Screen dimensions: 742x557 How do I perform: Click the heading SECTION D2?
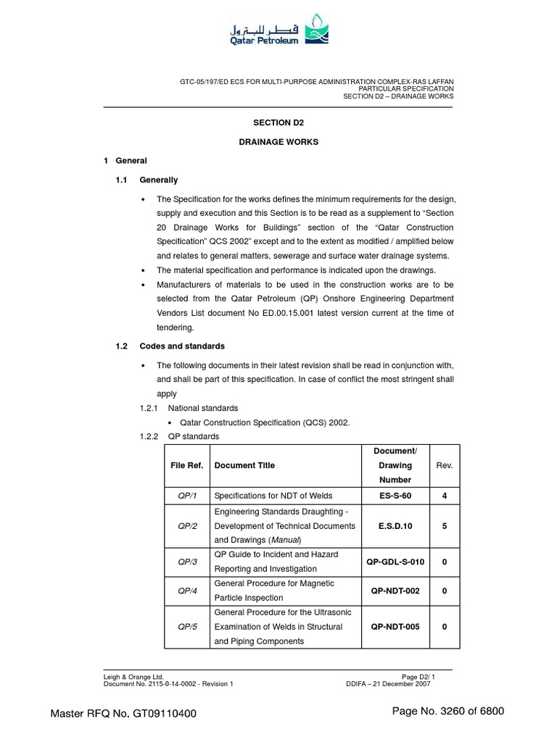point(278,123)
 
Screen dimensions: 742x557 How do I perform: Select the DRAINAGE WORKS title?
point(278,142)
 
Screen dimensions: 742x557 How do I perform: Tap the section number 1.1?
point(122,180)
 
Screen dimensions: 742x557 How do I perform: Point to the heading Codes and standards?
point(182,346)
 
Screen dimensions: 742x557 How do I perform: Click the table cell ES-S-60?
point(395,496)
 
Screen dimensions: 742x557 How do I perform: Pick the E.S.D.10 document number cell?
point(395,526)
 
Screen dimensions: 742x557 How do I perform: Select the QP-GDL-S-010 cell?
point(395,562)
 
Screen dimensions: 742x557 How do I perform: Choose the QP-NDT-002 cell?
point(395,591)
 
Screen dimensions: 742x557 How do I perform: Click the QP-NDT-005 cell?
point(395,627)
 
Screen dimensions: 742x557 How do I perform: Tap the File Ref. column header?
point(186,465)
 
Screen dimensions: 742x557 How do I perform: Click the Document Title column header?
point(244,465)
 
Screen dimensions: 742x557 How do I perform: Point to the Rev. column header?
point(444,465)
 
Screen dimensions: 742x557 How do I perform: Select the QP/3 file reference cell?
point(187,562)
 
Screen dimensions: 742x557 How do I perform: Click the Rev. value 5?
point(444,526)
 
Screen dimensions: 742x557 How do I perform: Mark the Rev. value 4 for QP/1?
point(444,496)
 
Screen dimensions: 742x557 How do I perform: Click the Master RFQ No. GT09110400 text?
point(123,714)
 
